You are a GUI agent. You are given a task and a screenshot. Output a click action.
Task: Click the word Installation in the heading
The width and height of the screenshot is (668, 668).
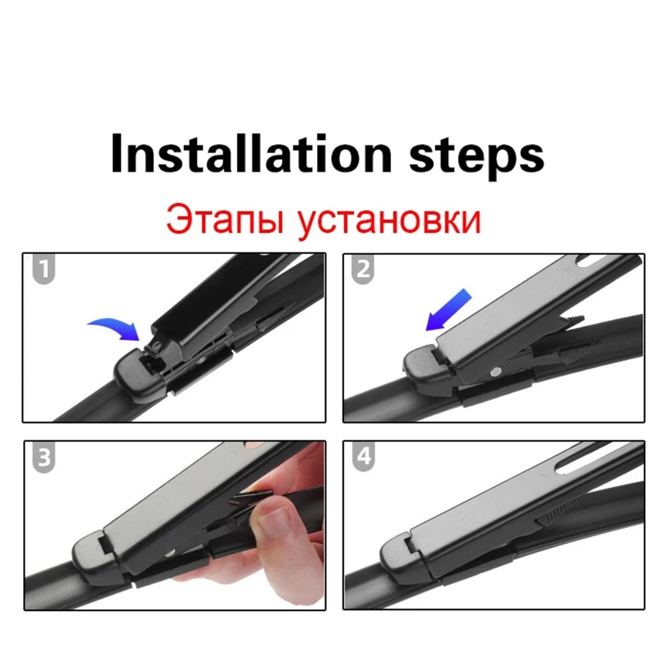pyautogui.click(x=252, y=153)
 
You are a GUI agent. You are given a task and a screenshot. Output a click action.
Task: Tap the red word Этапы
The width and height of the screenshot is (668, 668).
pyautogui.click(x=225, y=220)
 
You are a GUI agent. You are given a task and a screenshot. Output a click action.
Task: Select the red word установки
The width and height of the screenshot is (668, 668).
pyautogui.click(x=389, y=222)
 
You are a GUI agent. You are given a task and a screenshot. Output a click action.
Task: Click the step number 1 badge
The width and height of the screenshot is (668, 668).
pyautogui.click(x=44, y=269)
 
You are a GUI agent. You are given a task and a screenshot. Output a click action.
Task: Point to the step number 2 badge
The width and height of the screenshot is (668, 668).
pyautogui.click(x=363, y=269)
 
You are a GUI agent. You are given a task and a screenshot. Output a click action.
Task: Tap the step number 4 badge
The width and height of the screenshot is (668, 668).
pyautogui.click(x=363, y=457)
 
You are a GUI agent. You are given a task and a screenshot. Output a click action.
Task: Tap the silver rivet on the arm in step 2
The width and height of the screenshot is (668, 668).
pyautogui.click(x=496, y=372)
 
